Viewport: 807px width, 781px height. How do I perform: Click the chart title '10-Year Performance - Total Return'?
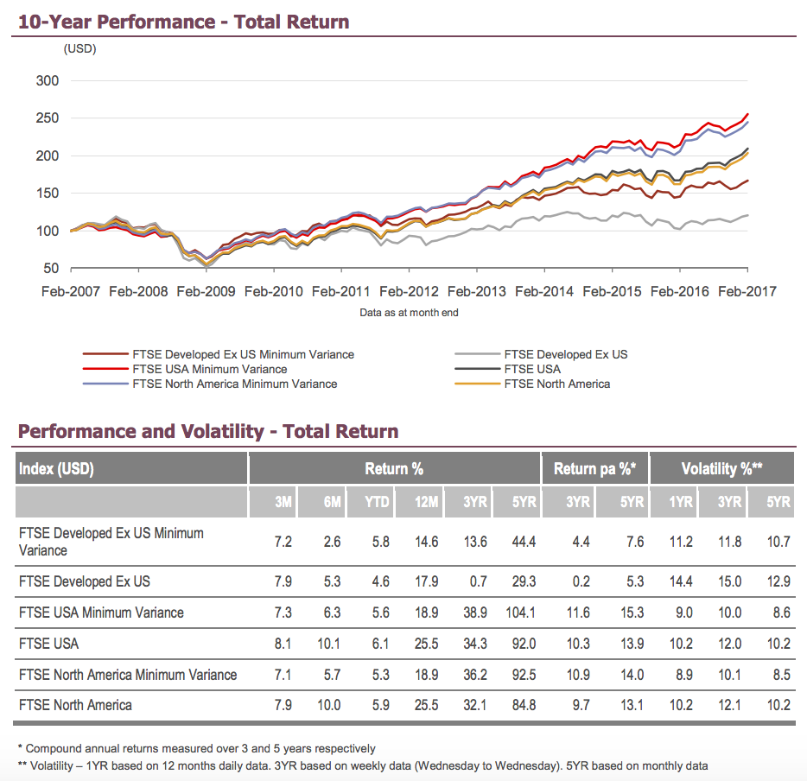pos(184,21)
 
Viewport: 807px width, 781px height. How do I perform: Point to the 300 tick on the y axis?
pos(48,81)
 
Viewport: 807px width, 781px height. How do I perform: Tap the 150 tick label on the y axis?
pos(48,194)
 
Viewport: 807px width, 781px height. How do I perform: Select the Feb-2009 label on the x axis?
pos(207,291)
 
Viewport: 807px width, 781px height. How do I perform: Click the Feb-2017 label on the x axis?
pos(747,291)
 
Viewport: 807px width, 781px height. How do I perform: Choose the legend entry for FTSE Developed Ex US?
pos(565,354)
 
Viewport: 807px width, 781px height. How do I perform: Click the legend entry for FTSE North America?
pos(556,384)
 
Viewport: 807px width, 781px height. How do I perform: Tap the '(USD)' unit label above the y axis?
pos(80,49)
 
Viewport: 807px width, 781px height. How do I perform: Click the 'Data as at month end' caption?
pos(409,313)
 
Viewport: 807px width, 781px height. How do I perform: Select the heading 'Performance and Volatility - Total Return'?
pos(208,431)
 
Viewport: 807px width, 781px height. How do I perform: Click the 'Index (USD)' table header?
pos(56,469)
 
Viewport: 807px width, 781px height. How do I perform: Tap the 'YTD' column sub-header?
pos(378,502)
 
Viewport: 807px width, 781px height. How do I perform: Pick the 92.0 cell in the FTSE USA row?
pos(522,644)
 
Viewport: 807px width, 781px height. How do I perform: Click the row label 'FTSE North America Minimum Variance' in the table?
pos(128,674)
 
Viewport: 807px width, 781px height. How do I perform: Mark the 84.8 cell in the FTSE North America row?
pos(521,705)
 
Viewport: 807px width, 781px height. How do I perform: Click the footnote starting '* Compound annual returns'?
pos(197,748)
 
